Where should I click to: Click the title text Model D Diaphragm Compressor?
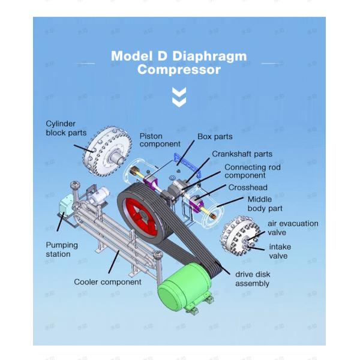[179, 62]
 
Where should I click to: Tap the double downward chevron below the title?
[179, 97]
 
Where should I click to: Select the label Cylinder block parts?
[66, 128]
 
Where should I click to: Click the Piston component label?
[160, 140]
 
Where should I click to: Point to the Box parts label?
[215, 137]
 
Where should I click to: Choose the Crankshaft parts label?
[242, 154]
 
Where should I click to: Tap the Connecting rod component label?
[252, 172]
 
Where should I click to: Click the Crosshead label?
[247, 187]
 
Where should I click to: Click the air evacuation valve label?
[293, 228]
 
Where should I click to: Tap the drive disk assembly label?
[253, 278]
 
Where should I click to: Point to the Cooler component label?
[107, 281]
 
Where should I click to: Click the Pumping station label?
[62, 250]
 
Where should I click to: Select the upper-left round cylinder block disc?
[109, 148]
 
